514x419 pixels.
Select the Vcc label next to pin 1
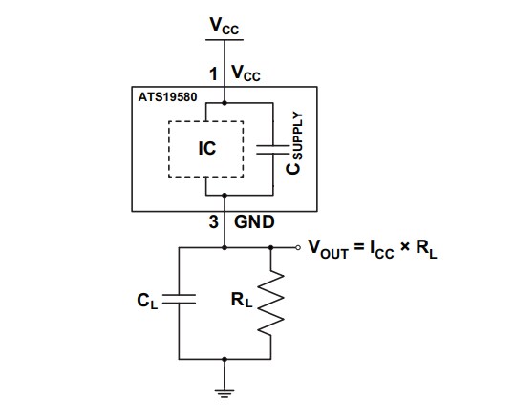(x=246, y=73)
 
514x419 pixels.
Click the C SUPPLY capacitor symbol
(x=271, y=149)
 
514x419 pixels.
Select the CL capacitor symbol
(x=179, y=299)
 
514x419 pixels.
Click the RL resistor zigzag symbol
(x=272, y=302)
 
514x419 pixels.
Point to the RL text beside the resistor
(x=241, y=298)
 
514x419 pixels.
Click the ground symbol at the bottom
(x=224, y=387)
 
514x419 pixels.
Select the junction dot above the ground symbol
(x=224, y=359)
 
